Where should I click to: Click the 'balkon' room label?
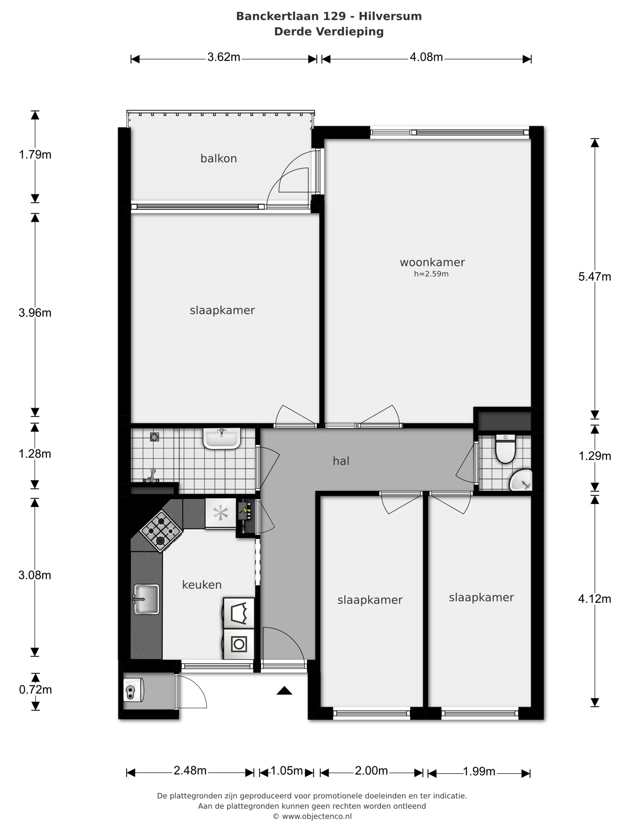pos(218,158)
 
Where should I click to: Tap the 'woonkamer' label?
pos(432,262)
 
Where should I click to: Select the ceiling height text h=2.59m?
pos(431,274)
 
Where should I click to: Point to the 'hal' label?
pos(341,461)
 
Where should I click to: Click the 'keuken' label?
pos(201,584)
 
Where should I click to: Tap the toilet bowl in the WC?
pos(505,449)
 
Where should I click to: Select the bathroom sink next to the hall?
pos(222,439)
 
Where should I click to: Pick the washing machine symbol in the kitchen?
pos(239,644)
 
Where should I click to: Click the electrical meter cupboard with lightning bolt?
pos(246,515)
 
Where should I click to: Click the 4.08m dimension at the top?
pos(426,57)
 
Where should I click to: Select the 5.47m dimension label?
pos(595,277)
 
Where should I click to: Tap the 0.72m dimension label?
pos(36,690)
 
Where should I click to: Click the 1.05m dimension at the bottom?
pos(287,771)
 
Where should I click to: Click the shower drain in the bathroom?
pos(154,437)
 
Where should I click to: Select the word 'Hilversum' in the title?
pos(390,16)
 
